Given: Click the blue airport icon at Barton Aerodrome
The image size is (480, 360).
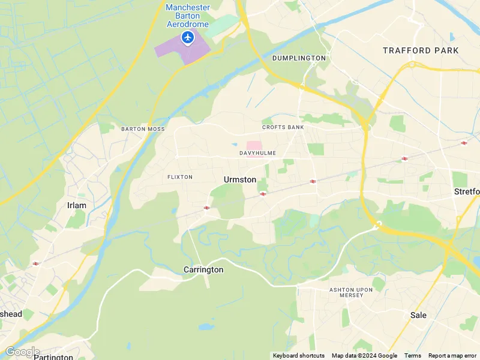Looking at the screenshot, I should pos(188,38).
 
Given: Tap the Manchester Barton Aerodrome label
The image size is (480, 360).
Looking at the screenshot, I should pos(188,16).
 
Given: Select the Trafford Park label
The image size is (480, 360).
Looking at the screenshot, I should pos(421,51).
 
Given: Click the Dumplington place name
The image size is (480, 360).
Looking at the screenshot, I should pos(299,58).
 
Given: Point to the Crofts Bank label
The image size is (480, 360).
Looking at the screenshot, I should pos(283,127).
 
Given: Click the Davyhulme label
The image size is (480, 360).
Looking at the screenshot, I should pos(257,153).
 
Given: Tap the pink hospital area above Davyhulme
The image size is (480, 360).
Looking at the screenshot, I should pos(254,145).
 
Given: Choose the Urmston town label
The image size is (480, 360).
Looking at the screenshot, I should pos(240,179).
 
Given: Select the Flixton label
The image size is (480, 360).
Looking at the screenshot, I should pos(180,177).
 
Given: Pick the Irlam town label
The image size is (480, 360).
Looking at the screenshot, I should pos(76,205).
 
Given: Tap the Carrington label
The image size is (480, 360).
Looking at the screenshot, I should pos(203,270).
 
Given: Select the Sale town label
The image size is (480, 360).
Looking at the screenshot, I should pos(418,315).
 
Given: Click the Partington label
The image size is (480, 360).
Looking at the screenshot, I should pos(53,356).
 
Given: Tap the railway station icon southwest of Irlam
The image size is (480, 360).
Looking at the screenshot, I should pos(36,263).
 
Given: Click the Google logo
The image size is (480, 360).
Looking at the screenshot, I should pos(22,352).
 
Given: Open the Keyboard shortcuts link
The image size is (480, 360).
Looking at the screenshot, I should pos(299,356).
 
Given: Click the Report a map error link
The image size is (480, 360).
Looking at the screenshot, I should pos(453,356).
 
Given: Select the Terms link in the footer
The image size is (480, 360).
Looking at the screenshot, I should pos(412,356).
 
